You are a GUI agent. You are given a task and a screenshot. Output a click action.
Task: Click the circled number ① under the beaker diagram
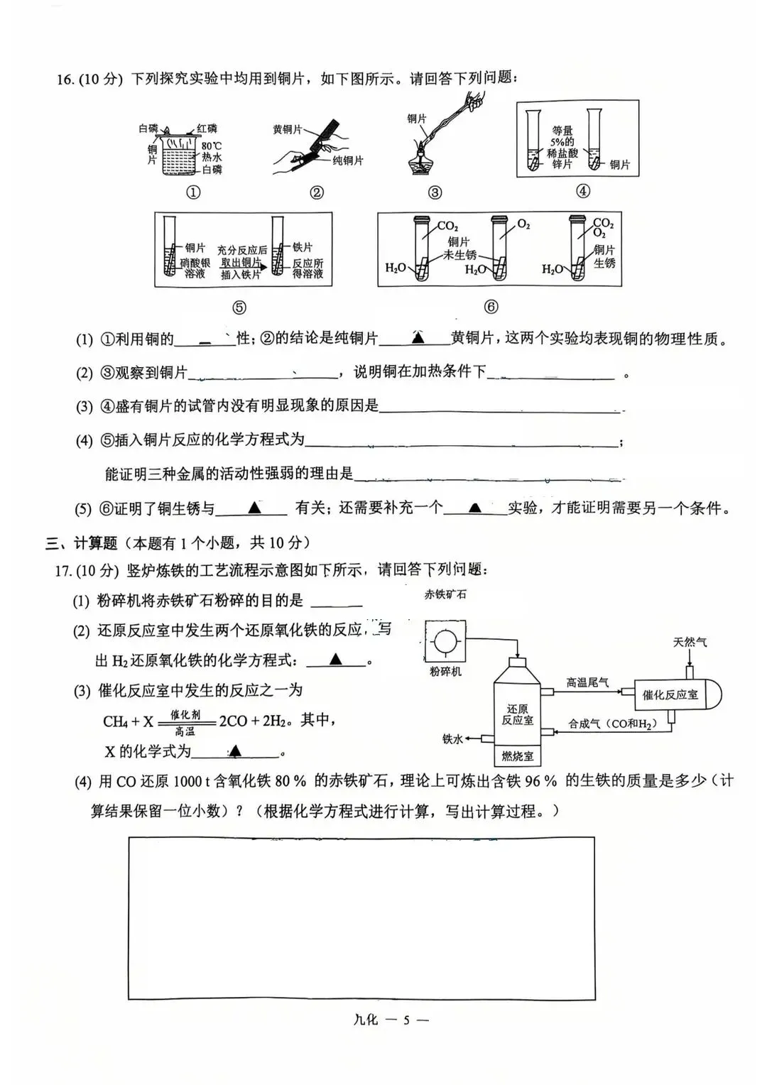[x=192, y=192]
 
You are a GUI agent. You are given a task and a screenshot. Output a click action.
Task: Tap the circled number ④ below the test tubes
[x=582, y=191]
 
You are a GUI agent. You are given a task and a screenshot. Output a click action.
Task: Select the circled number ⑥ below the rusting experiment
[x=491, y=307]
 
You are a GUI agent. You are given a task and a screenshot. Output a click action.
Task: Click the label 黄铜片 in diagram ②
[x=287, y=130]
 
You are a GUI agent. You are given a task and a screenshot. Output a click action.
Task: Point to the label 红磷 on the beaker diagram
[x=207, y=129]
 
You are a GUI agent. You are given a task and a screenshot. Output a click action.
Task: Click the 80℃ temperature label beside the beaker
[x=212, y=146]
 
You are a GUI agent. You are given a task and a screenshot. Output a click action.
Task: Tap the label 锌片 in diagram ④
[x=562, y=164]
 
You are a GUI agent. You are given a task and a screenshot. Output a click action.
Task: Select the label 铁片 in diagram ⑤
[x=303, y=247]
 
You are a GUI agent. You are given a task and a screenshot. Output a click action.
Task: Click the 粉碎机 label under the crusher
[x=445, y=671]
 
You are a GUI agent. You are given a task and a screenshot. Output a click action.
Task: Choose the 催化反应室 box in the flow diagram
[x=670, y=694]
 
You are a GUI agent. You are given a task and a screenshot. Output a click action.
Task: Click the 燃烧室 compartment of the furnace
[x=517, y=756]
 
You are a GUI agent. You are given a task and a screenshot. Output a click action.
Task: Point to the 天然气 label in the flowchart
[x=690, y=642]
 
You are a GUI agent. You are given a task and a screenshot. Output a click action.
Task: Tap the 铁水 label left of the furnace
[x=452, y=739]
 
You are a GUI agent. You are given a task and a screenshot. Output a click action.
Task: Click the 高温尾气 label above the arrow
[x=587, y=682]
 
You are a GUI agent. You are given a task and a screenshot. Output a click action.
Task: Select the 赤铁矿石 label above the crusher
[x=445, y=594]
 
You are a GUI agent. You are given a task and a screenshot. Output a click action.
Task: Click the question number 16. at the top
[x=65, y=79]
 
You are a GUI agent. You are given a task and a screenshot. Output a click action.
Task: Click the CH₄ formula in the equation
[x=115, y=721]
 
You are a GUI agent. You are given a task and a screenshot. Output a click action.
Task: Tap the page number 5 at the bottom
[x=406, y=1020]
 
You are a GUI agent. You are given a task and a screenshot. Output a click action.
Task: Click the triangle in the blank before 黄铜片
[x=418, y=338]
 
